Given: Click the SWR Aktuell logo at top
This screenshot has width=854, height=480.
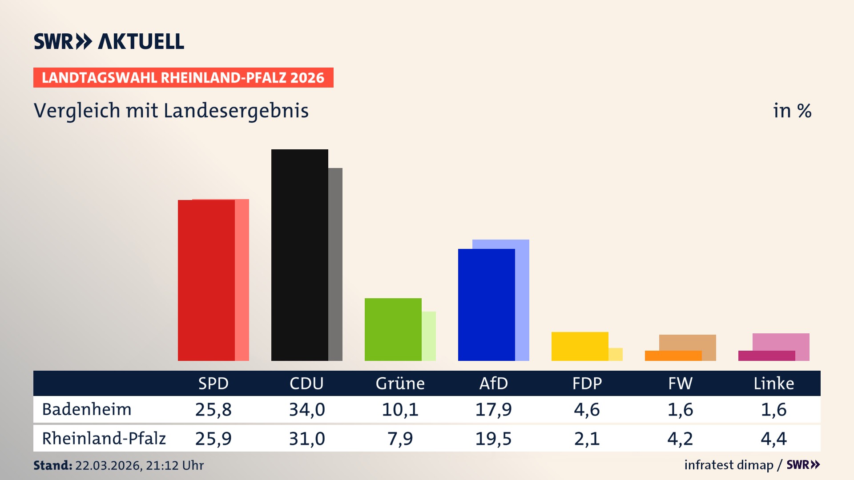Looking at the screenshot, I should point(109,41).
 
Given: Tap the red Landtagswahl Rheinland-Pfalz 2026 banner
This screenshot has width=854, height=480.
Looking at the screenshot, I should point(183,78).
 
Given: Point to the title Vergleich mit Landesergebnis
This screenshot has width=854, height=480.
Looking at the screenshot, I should point(171,111).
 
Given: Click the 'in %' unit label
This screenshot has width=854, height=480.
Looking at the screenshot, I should point(792,111).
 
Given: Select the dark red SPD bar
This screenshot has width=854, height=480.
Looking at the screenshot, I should point(206,280).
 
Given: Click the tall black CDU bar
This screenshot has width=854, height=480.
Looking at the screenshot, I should point(299,255).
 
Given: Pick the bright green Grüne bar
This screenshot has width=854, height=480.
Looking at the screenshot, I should point(393,329).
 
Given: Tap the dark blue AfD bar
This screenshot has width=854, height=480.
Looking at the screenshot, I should point(486,304).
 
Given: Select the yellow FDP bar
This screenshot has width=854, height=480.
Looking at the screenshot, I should point(580,346).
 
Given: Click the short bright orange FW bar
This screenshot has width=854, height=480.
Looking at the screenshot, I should point(673,356).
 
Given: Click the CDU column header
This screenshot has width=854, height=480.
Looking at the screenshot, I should point(306,384).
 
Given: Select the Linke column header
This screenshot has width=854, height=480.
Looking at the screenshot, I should point(773,384).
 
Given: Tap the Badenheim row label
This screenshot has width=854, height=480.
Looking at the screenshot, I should point(87,409).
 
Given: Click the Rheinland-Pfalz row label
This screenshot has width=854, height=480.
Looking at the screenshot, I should point(104,439).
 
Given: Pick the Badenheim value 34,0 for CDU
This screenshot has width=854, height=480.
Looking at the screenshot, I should point(307,409).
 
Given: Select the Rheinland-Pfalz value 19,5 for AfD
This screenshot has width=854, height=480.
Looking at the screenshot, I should point(493,439).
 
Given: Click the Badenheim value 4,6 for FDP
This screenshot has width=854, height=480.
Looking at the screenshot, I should point(587,409).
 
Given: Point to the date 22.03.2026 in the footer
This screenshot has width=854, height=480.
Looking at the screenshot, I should point(108,465).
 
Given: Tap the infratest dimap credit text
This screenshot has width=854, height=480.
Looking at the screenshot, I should point(729,465).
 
